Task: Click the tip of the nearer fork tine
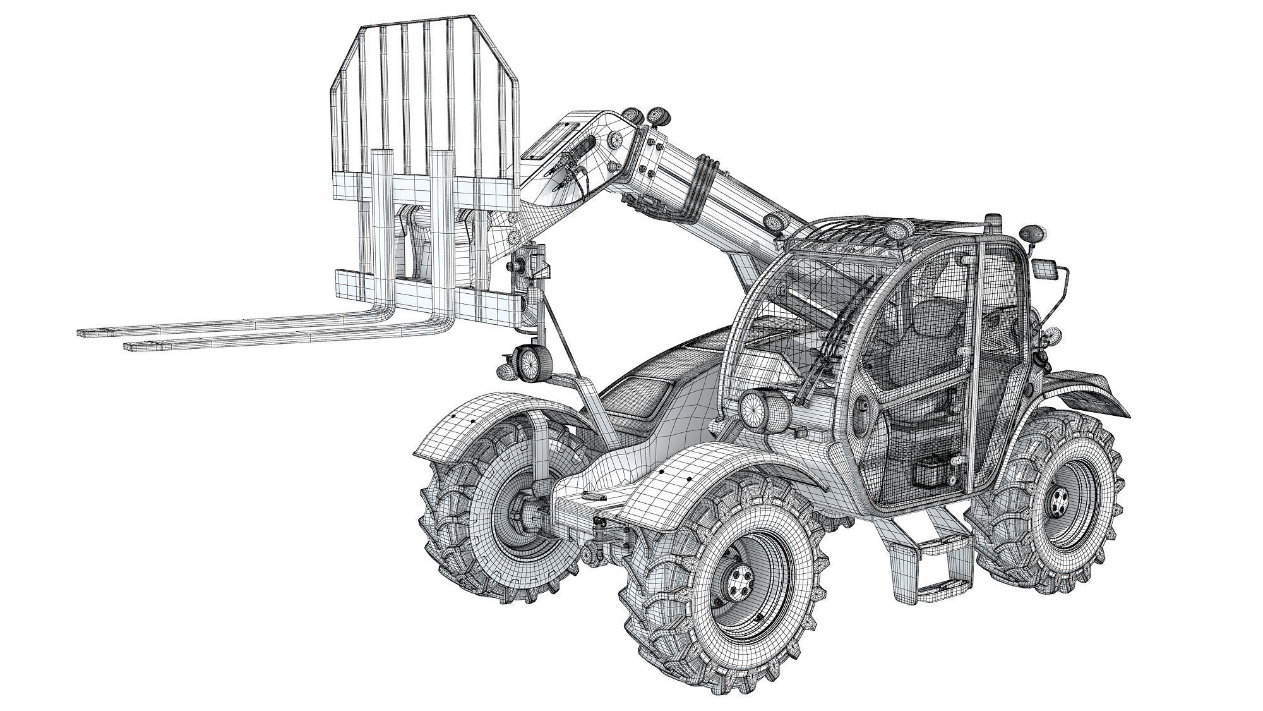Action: [130, 346]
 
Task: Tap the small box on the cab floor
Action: [928, 474]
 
